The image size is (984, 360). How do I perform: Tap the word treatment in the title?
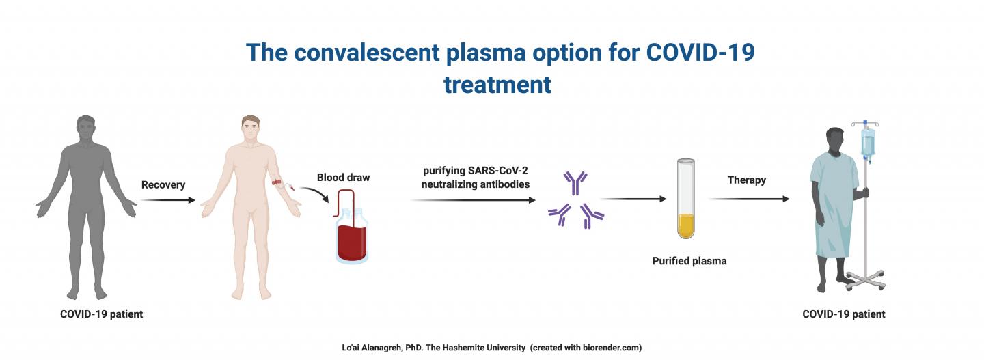coord(497,84)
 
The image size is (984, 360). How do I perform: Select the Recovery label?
coord(163,185)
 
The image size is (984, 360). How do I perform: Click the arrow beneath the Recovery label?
coord(167,200)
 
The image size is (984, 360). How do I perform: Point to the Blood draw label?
coord(343,178)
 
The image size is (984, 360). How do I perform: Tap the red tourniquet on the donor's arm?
coord(277,182)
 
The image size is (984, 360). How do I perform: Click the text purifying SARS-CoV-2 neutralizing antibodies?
coord(476,178)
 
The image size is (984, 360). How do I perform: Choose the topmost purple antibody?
coord(575,182)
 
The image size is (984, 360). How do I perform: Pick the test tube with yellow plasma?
coord(685,199)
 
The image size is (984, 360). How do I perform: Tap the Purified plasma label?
coord(689,261)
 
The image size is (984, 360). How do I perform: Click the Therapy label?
coord(747,180)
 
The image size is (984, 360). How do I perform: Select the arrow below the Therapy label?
coord(748,199)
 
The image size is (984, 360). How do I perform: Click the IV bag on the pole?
coord(867,142)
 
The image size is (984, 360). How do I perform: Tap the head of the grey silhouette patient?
coord(86,128)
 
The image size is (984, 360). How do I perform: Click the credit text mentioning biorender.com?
coord(491,348)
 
